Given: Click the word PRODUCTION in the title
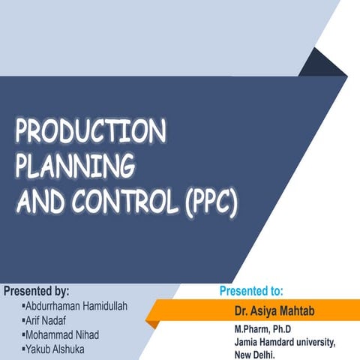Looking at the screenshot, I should (x=90, y=133).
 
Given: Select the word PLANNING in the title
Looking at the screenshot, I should (x=74, y=166).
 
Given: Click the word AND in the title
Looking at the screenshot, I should (x=41, y=201).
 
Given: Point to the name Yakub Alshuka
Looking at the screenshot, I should (x=57, y=349).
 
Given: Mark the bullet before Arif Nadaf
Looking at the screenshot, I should (x=24, y=320).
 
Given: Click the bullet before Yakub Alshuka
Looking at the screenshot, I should (x=24, y=349).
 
